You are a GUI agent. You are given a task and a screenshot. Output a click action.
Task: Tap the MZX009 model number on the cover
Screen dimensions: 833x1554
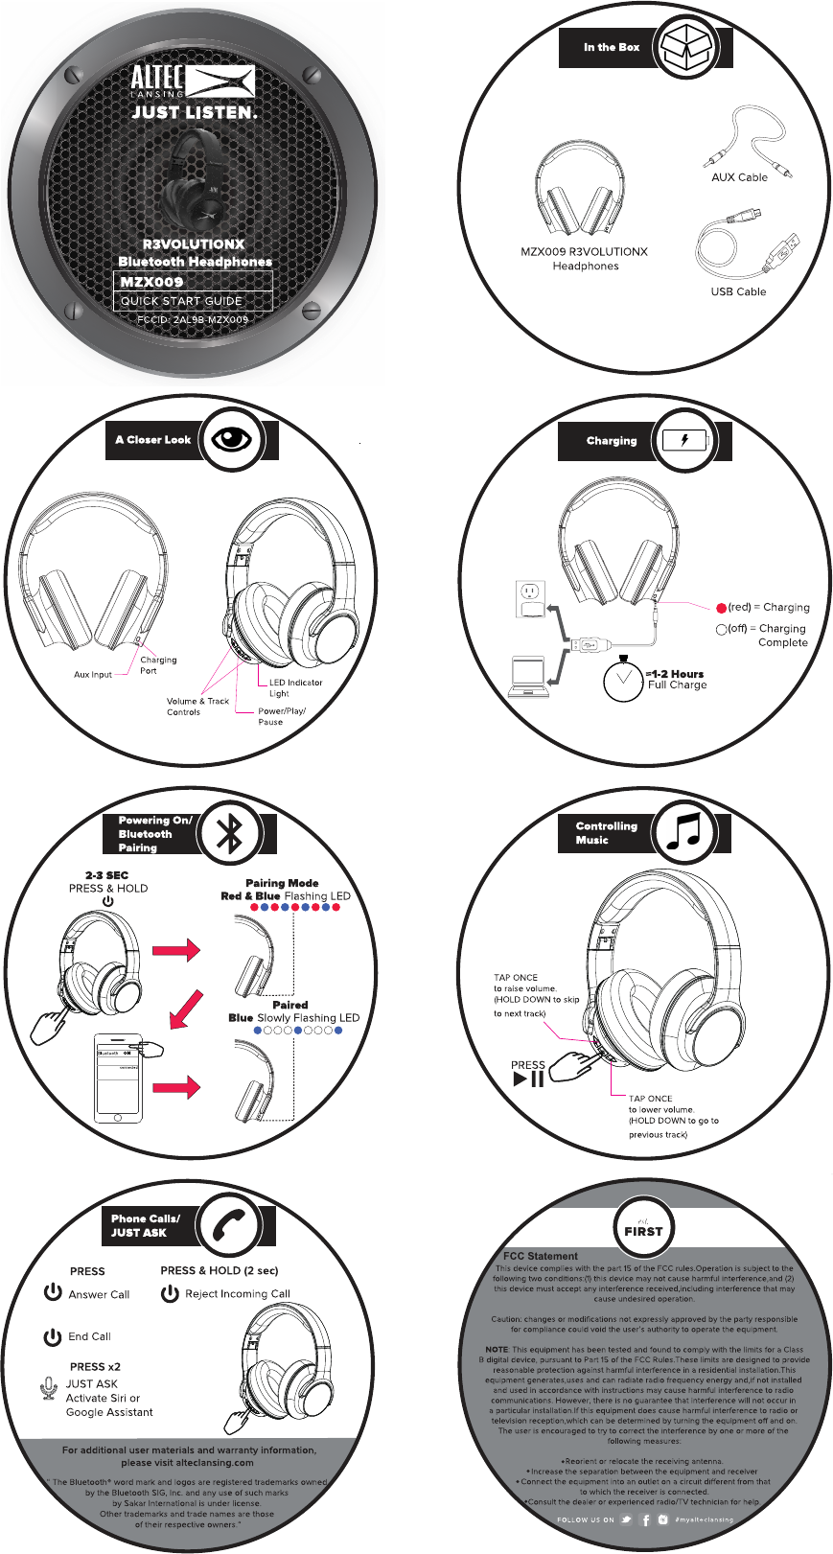(151, 282)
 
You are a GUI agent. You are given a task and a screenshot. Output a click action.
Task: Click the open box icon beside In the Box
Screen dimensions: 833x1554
(690, 46)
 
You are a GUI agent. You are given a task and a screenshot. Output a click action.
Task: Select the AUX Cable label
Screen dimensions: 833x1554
(739, 177)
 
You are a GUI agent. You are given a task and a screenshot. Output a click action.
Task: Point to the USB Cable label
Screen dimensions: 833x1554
(738, 291)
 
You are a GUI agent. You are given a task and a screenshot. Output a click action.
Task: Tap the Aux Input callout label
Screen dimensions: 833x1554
(93, 675)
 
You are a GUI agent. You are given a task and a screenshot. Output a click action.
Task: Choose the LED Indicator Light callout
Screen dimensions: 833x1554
(295, 687)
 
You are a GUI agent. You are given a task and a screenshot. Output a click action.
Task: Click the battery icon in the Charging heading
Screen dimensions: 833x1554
(684, 441)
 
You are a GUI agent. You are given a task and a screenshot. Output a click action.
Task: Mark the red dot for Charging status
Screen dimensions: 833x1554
(722, 608)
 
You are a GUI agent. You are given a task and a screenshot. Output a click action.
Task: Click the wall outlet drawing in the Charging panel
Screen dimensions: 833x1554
(530, 599)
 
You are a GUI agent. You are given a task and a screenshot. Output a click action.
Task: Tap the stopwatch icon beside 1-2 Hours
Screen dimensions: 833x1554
(623, 679)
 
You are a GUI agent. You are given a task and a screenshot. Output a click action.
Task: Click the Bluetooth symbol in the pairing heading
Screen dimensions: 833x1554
(230, 834)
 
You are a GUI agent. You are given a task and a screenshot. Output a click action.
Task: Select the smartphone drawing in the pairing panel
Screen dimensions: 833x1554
(119, 1079)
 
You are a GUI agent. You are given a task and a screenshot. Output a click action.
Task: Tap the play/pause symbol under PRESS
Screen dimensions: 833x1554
(528, 1079)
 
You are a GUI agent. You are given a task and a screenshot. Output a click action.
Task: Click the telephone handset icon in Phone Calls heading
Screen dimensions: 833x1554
(230, 1224)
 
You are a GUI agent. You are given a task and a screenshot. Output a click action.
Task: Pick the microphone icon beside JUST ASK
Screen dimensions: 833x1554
(50, 1388)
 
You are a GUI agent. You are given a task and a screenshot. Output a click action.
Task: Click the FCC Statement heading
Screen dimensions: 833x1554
(541, 1256)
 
